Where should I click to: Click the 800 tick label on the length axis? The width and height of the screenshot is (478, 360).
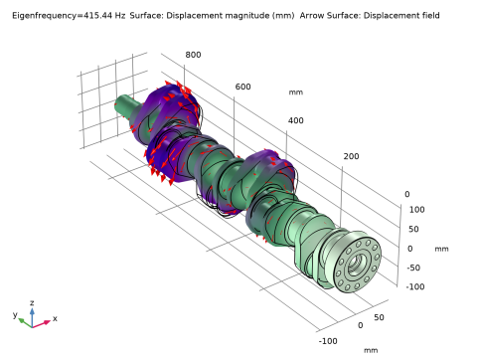(x=193, y=55)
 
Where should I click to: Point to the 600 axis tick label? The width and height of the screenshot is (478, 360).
(x=242, y=87)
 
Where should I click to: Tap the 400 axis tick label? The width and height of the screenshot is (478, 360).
(x=295, y=120)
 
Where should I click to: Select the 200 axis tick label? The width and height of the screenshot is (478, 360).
(x=351, y=156)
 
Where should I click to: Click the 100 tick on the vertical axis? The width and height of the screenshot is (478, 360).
(x=416, y=210)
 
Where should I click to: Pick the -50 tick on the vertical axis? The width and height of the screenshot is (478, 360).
(x=413, y=268)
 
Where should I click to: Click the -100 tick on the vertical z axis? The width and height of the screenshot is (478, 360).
(x=415, y=286)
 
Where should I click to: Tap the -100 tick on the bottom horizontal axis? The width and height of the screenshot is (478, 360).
(x=328, y=341)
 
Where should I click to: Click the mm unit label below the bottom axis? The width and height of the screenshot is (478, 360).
(x=371, y=350)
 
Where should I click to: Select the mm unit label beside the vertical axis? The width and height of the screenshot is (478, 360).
(x=441, y=249)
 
